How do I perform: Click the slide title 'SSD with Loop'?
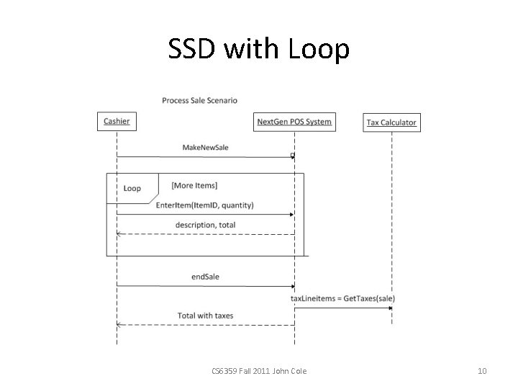pos(259,49)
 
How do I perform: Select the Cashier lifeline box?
pos(117,122)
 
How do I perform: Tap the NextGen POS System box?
pos(294,122)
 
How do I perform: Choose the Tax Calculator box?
pos(391,122)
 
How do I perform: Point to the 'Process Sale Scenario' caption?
pos(199,100)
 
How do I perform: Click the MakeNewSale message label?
pos(205,147)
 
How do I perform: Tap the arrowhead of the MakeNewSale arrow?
pos(292,156)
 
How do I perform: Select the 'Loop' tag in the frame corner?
pos(132,188)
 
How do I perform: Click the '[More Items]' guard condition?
pos(194,186)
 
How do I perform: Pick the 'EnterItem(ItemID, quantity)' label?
pos(204,205)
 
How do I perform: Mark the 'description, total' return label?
pos(205,225)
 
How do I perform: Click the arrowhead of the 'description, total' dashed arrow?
pos(119,233)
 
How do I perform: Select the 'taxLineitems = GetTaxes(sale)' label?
pos(342,298)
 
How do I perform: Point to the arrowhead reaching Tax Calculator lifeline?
pos(389,308)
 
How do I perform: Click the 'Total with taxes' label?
pos(205,316)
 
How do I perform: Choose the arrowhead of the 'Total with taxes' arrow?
pos(119,324)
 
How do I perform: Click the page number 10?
pos(482,371)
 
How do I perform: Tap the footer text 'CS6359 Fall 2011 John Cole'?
pos(259,371)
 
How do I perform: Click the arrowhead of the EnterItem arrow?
pos(291,214)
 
